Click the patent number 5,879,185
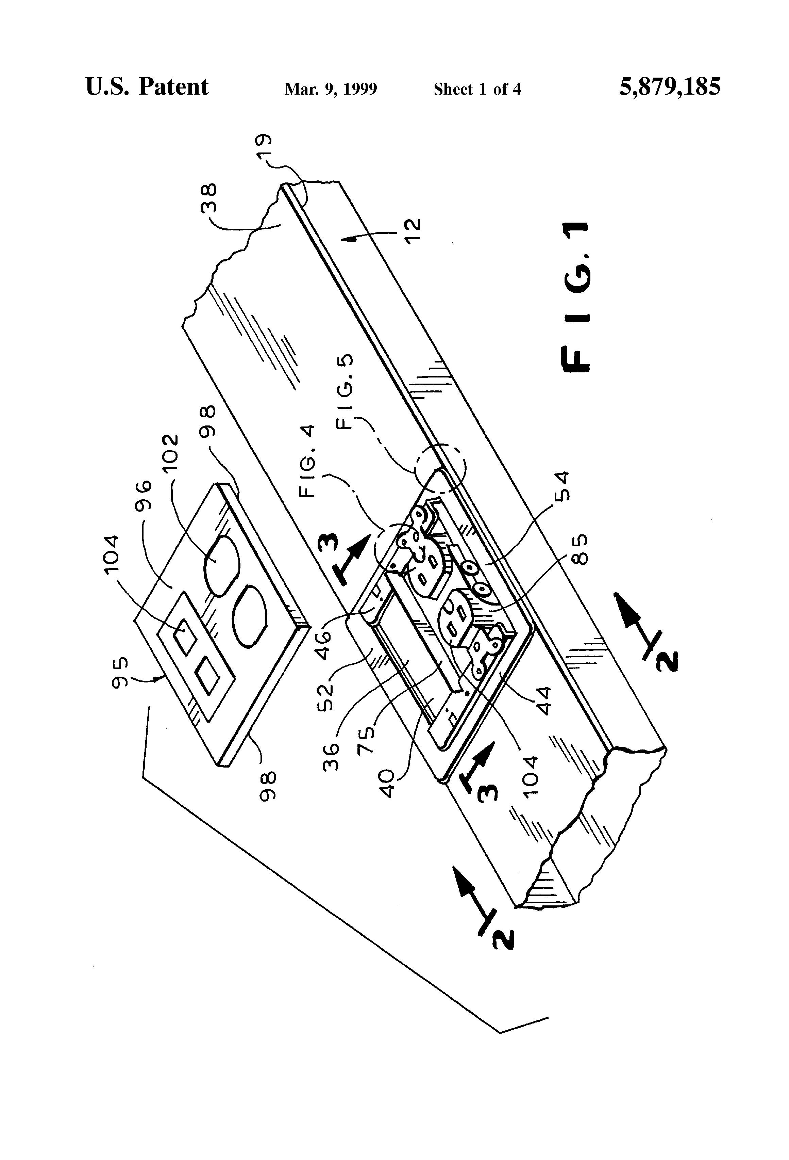(x=670, y=87)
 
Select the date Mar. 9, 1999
(x=331, y=89)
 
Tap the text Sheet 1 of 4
(x=477, y=89)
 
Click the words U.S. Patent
(x=147, y=87)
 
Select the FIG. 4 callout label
(x=308, y=461)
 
